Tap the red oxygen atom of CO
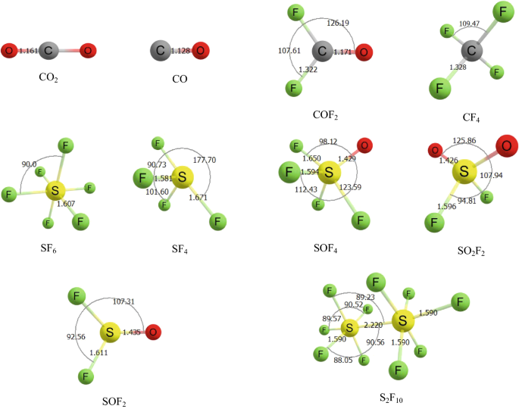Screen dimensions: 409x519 coord(200,51)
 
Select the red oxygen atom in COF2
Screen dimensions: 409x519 coord(364,52)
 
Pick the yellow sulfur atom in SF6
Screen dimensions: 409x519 coord(54,191)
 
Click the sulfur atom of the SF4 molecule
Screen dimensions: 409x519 coord(180,179)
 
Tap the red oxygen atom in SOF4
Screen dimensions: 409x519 coord(364,145)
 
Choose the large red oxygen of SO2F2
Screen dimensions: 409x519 coord(506,145)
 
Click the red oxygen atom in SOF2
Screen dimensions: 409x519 coord(153,332)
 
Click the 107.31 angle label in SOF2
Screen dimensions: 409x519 coord(126,301)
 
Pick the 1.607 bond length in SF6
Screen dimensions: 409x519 coord(67,204)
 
